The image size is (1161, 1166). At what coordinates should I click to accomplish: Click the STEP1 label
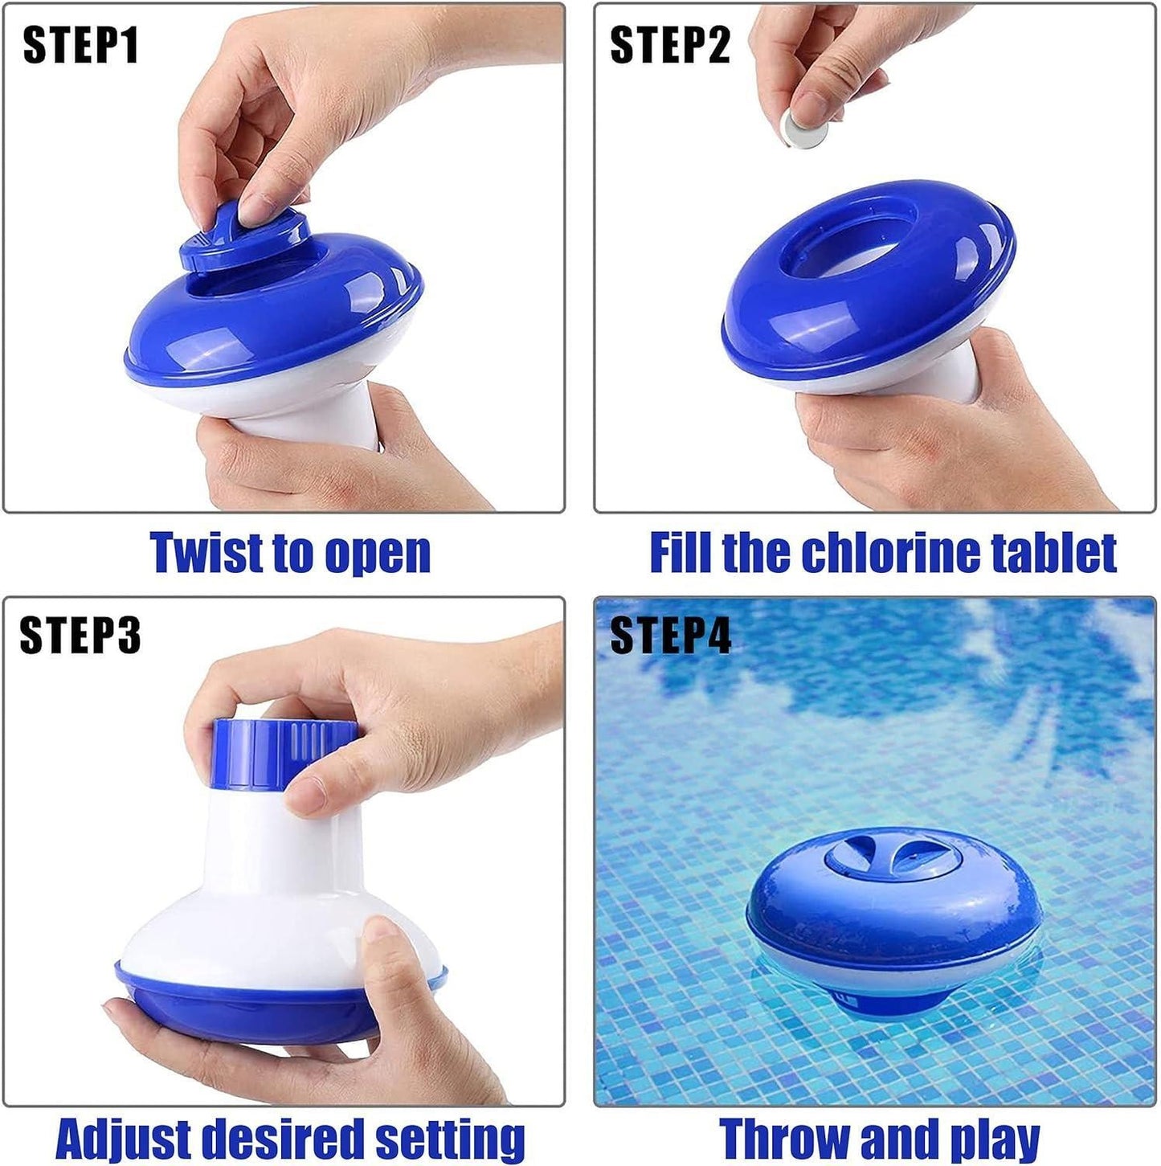click(x=80, y=45)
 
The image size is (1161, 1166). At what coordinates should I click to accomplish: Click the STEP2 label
click(x=670, y=45)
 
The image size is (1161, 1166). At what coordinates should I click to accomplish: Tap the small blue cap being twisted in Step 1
click(x=241, y=239)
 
